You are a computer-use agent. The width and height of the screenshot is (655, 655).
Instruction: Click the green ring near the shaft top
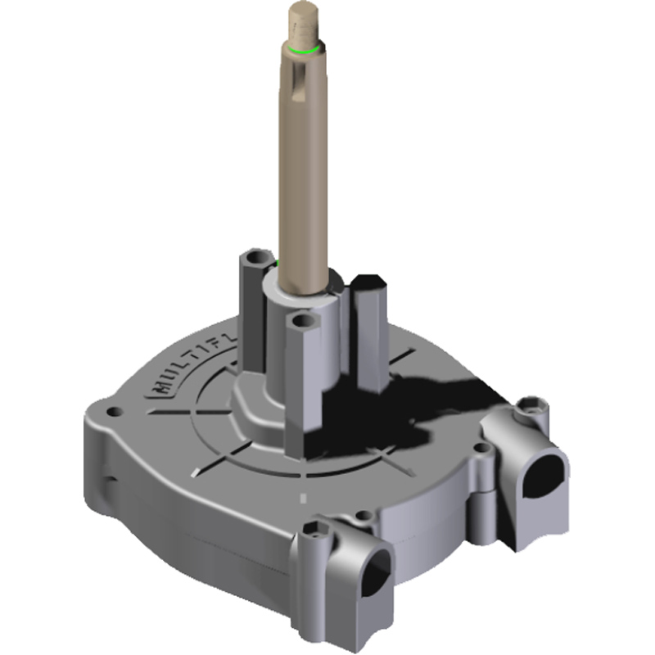click(x=304, y=50)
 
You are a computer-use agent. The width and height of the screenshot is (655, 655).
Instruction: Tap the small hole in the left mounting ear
click(x=108, y=404)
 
